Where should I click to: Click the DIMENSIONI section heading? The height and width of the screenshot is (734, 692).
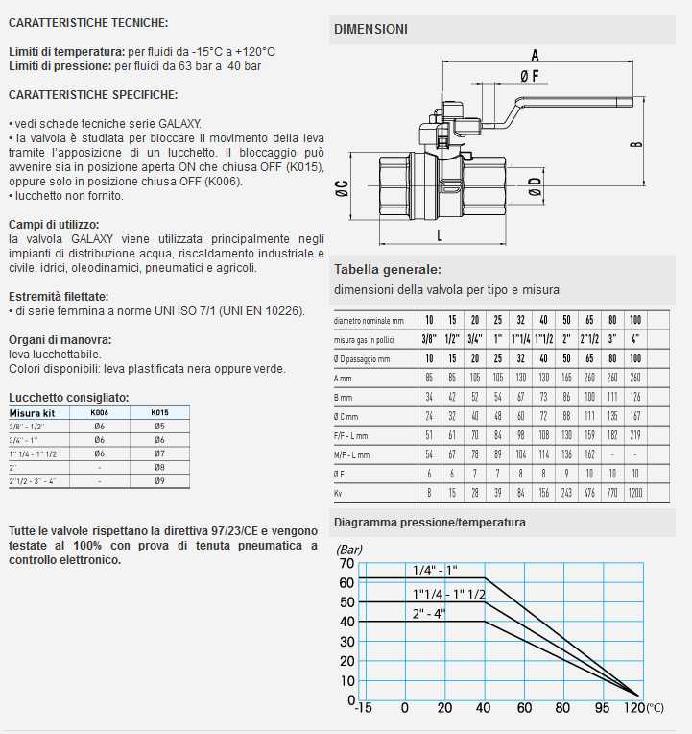pos(370,29)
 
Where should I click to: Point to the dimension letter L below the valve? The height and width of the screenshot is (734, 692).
pos(439,233)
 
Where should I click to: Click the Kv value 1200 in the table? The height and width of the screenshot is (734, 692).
pos(635,493)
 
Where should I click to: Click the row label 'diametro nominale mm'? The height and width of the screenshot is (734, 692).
pos(370,320)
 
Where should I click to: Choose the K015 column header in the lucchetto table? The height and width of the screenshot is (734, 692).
pos(159,413)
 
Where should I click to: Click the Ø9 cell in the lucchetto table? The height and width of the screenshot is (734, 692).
pos(159,480)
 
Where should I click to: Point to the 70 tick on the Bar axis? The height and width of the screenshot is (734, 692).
pos(346,563)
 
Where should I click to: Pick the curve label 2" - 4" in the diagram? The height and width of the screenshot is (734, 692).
pos(428,613)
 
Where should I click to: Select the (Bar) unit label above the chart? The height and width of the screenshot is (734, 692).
pos(348,549)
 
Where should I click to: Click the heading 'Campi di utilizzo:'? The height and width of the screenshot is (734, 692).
pos(51,224)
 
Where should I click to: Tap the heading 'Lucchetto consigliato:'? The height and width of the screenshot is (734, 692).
pos(68,397)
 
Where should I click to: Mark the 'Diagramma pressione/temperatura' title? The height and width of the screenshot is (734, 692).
pos(429,522)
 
